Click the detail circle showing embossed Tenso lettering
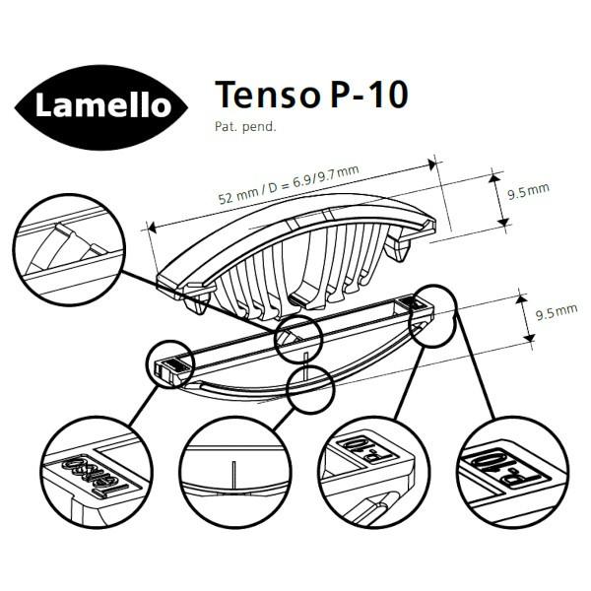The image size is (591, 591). (98, 468)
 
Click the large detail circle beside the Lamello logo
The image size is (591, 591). (69, 245)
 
